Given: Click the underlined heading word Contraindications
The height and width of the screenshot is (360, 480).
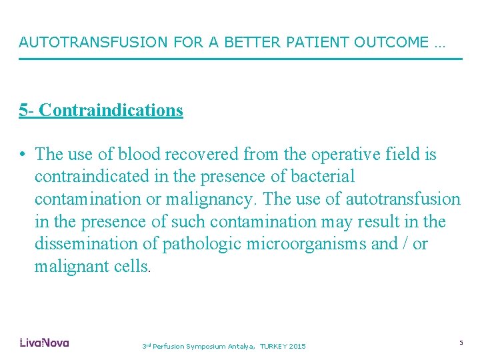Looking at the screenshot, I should [x=111, y=110].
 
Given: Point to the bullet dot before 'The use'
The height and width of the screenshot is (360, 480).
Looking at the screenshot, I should [x=23, y=155].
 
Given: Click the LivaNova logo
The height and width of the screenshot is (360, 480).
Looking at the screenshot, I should [x=44, y=343].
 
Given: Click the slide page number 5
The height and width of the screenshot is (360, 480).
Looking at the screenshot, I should [x=461, y=343].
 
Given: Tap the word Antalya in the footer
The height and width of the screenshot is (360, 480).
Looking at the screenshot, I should [x=241, y=347].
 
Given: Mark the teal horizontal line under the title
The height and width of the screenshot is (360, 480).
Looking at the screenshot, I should [x=240, y=59].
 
